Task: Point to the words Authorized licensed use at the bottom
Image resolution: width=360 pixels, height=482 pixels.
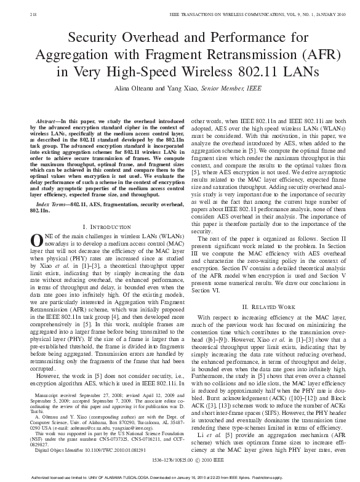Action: click(x=37, y=476)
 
